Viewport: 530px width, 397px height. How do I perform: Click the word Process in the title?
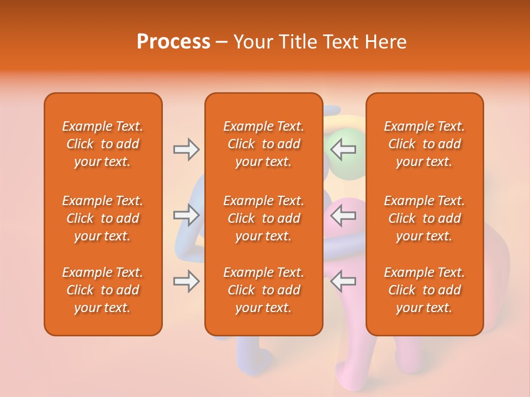point(173,42)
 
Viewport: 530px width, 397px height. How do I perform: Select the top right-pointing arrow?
point(187,149)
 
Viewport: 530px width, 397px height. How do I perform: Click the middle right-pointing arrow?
point(187,215)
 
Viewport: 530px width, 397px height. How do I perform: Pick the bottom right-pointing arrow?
point(187,281)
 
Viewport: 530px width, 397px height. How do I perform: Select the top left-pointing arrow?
point(343,149)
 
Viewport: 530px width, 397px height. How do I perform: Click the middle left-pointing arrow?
point(343,215)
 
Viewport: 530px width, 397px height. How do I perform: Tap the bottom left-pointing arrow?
point(343,281)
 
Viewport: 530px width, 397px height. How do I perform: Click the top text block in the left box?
point(103,144)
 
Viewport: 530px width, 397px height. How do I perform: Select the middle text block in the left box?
point(103,218)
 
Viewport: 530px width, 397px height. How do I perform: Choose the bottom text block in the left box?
point(103,290)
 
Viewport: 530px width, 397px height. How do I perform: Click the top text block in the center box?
point(263,144)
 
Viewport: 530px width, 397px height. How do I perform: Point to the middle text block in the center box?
point(263,218)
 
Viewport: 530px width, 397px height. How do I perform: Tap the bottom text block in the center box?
point(263,290)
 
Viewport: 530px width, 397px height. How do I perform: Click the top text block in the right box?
point(424,144)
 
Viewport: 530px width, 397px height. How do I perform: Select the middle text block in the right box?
point(424,218)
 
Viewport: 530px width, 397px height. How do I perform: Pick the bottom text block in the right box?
point(424,290)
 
